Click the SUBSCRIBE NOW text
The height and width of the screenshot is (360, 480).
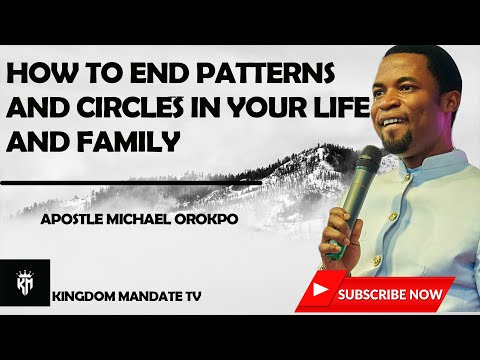click(390, 295)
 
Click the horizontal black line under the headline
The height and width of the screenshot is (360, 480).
click(150, 184)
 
